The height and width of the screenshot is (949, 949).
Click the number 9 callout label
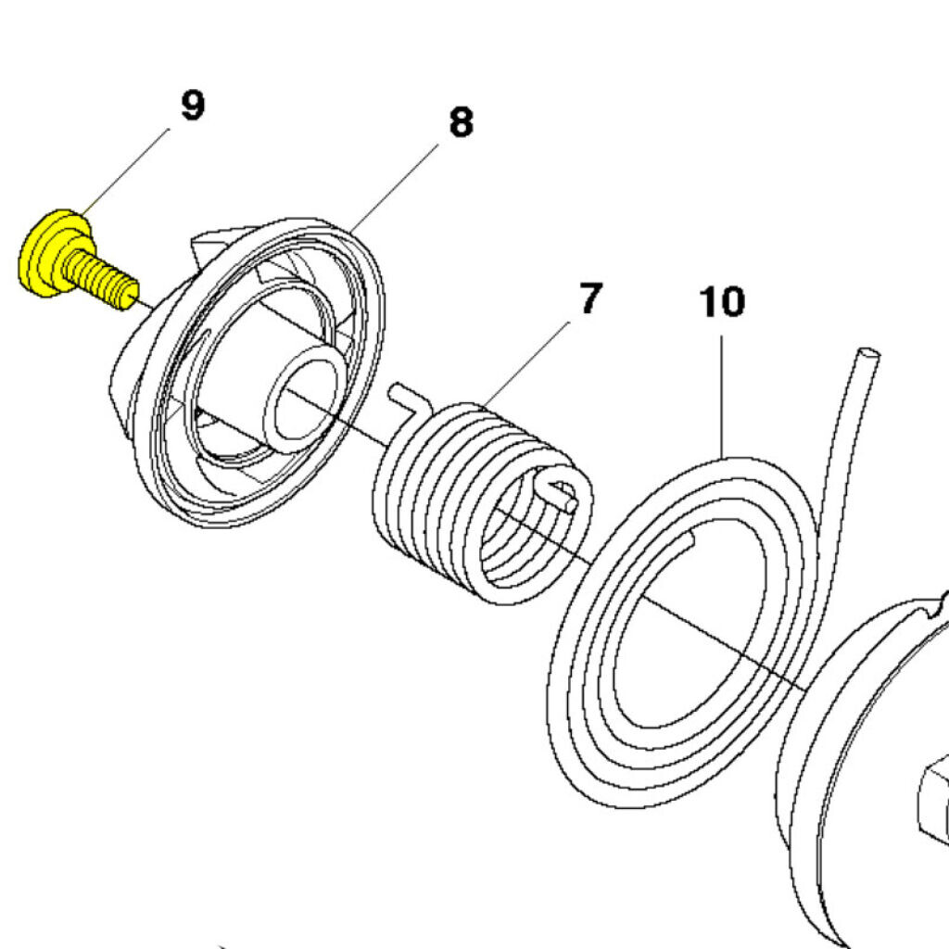pos(192,106)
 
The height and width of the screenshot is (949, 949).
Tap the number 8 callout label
pos(461,122)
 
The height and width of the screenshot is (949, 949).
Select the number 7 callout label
pos(590,299)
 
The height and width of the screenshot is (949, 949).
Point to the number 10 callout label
pos(722,302)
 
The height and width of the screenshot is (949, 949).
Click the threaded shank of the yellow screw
pos(102,278)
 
